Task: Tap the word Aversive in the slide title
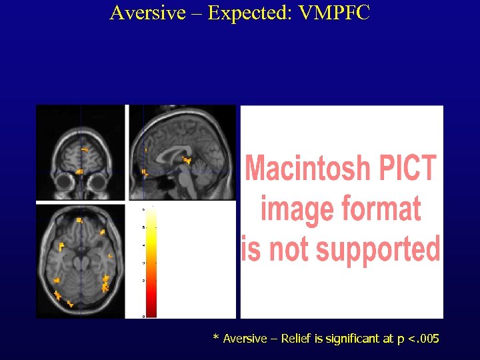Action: click(x=148, y=13)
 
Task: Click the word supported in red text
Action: click(x=378, y=249)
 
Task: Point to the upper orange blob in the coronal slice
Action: click(x=85, y=149)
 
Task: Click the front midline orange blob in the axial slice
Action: click(x=79, y=219)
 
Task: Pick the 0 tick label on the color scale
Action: click(x=143, y=317)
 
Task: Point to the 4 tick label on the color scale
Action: click(x=143, y=245)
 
